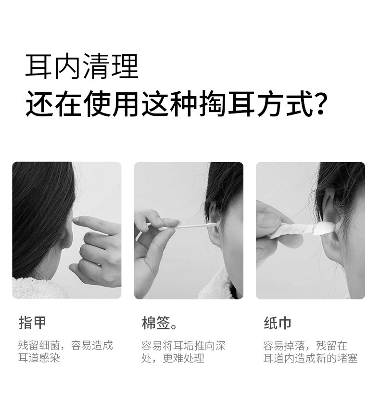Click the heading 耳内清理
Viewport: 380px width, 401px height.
coord(82,66)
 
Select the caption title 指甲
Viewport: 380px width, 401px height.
coord(32,323)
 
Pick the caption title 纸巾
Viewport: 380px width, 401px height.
coord(278,323)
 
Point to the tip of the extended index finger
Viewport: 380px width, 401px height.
coord(75,220)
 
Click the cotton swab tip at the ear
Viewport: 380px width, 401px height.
coord(212,225)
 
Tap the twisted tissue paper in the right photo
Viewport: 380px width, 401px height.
coord(304,230)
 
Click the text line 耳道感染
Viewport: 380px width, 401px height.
coord(39,358)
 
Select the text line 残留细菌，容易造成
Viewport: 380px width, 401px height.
coord(65,345)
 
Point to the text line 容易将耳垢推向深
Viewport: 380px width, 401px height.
coord(183,346)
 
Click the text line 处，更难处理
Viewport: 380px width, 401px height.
coord(173,358)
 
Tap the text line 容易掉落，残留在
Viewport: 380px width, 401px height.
coord(305,346)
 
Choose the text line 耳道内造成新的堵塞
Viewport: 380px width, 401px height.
coord(310,358)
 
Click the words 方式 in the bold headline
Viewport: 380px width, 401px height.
coord(285,103)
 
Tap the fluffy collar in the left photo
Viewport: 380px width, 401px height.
coord(39,288)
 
